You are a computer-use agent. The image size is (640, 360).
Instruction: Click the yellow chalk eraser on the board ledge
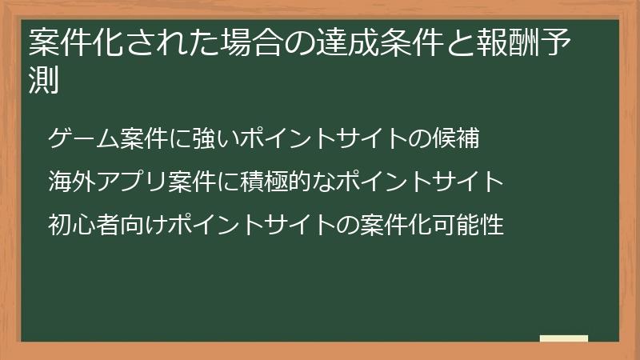pyautogui.click(x=564, y=338)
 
